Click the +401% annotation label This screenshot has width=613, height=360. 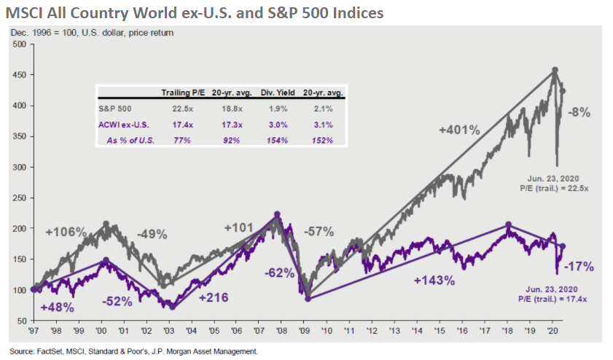[x=459, y=130]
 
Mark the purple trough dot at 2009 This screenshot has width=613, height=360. [x=308, y=298]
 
